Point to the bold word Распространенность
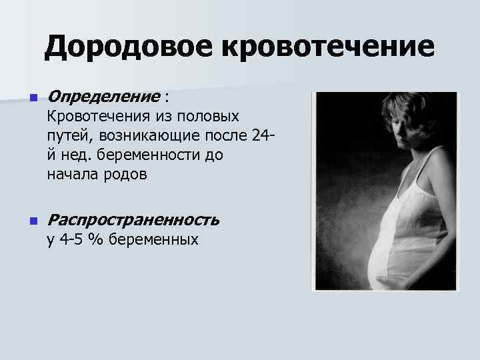(x=133, y=220)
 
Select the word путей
(x=70, y=137)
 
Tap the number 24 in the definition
(x=261, y=137)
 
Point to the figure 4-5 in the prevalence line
(x=71, y=239)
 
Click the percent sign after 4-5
(x=97, y=239)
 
